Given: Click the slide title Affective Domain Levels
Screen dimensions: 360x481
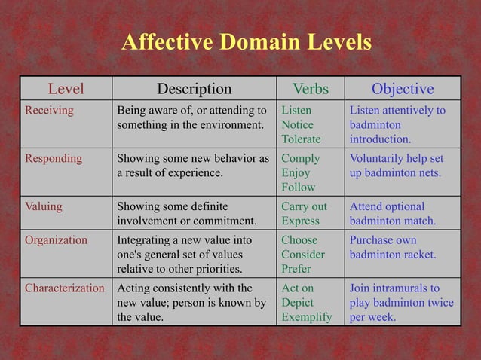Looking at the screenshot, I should tap(247, 43).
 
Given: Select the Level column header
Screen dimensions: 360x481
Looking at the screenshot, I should tap(66, 89).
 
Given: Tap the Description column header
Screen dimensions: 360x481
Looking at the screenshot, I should tap(194, 89).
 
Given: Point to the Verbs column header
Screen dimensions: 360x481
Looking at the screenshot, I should tap(311, 89).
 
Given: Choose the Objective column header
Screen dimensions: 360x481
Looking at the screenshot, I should tap(402, 89).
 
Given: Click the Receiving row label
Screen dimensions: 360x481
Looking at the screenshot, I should tap(50, 111).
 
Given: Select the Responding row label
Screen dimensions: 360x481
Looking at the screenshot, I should tap(54, 159).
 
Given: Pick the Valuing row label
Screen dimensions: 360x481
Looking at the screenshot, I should tap(44, 206).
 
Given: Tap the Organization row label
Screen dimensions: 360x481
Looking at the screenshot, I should tap(57, 240).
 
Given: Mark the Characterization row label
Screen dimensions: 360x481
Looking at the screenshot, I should tap(65, 288).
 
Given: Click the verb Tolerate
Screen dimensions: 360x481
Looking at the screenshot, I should tap(301, 139).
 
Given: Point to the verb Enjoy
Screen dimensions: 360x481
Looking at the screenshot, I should tap(297, 173).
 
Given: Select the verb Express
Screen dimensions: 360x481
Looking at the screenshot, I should tap(301, 221).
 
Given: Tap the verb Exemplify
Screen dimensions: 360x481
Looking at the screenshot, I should tap(306, 317).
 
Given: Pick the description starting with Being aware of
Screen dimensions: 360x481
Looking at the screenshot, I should tap(191, 117).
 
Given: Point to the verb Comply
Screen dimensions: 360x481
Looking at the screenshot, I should tap(301, 159).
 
